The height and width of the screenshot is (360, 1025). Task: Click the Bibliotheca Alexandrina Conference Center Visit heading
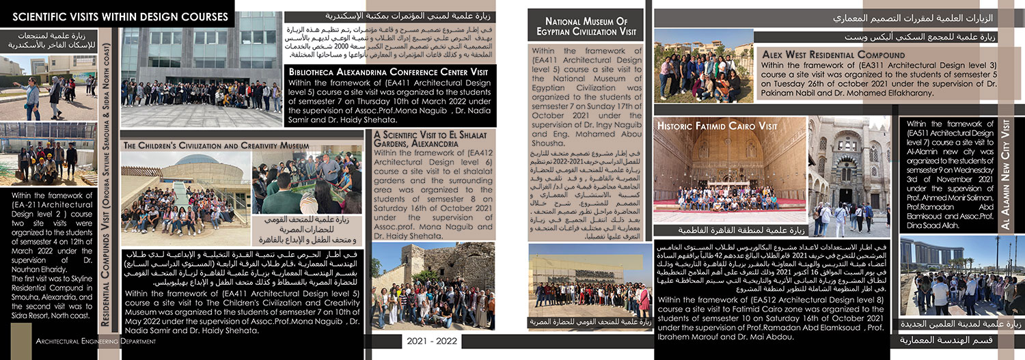coord(388,72)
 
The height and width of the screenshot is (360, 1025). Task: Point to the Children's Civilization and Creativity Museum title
coord(217,146)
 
